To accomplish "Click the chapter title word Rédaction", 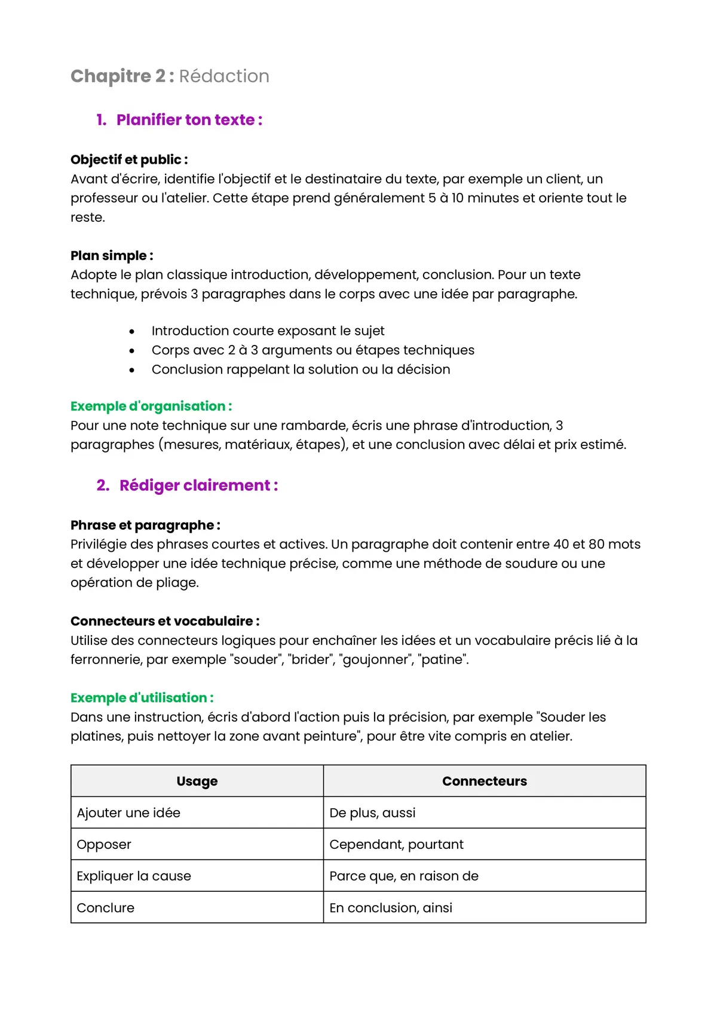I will (224, 77).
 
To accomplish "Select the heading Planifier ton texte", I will (189, 120).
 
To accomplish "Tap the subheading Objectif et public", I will (129, 160).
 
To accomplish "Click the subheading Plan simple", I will (112, 256).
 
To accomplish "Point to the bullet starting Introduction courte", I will (268, 331).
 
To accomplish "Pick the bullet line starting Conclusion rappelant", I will (301, 369).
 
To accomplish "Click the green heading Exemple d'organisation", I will (151, 406).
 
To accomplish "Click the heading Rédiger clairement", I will (198, 485).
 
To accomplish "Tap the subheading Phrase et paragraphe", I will (145, 525).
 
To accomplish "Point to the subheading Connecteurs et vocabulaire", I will (165, 622).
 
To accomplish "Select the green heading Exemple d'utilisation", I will (142, 698).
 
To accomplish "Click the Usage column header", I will (197, 781).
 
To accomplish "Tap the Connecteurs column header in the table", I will (485, 781).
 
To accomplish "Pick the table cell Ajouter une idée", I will (128, 813).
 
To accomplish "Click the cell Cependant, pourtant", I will (396, 845).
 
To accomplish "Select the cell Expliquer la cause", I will (134, 876).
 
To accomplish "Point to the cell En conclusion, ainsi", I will (391, 908).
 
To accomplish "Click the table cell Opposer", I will (104, 845).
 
